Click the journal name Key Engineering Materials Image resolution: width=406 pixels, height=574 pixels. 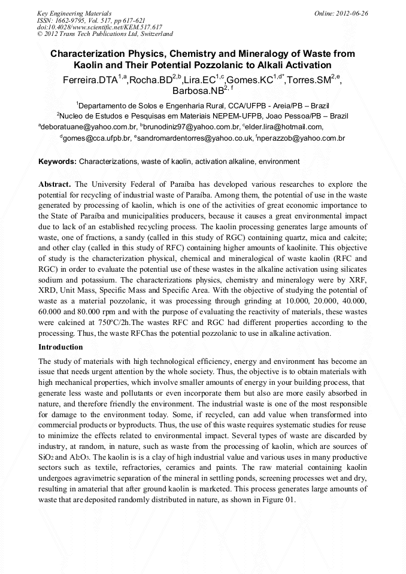pos(74,13)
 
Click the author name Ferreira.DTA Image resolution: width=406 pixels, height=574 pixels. pos(90,80)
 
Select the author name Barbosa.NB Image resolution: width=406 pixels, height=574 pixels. pos(198,92)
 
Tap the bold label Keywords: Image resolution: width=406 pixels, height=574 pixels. pos(57,162)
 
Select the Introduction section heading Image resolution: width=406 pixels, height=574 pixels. pos(60,347)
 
